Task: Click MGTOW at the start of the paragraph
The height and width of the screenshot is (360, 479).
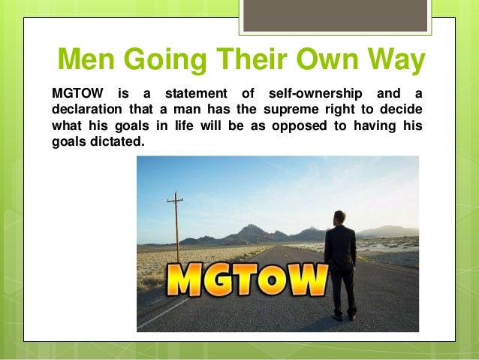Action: tap(74, 94)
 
